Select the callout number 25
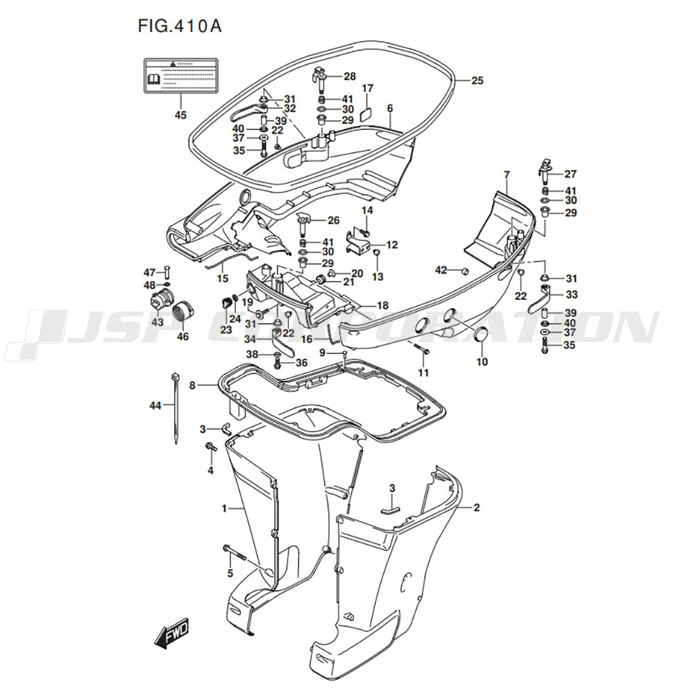(476, 81)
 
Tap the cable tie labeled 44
(174, 409)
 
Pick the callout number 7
(507, 173)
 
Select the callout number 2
(476, 507)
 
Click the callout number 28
(349, 76)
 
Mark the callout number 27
(570, 174)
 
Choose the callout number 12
(392, 245)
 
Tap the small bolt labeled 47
(167, 271)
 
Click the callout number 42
(441, 269)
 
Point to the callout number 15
(222, 278)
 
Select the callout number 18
(382, 305)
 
